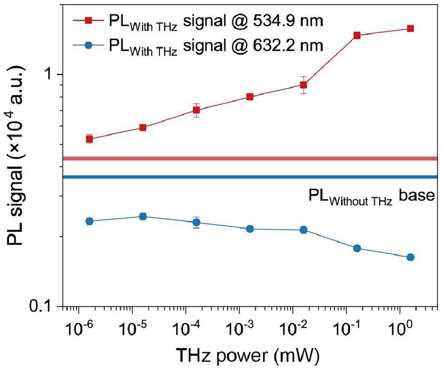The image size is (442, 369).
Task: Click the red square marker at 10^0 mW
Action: coord(410,29)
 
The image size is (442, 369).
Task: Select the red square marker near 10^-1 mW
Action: coord(357,35)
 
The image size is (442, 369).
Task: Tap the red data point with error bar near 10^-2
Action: coord(303,85)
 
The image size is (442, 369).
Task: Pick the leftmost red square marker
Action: coord(89,139)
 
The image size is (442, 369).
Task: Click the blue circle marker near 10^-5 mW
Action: coord(142,216)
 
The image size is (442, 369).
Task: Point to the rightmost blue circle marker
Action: coord(410,257)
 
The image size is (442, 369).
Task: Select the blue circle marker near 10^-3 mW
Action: coord(250,229)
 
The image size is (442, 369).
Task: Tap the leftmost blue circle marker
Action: coord(89,221)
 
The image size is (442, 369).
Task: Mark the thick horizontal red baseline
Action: coord(250,159)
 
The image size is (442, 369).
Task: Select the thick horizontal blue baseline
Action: coord(250,177)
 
